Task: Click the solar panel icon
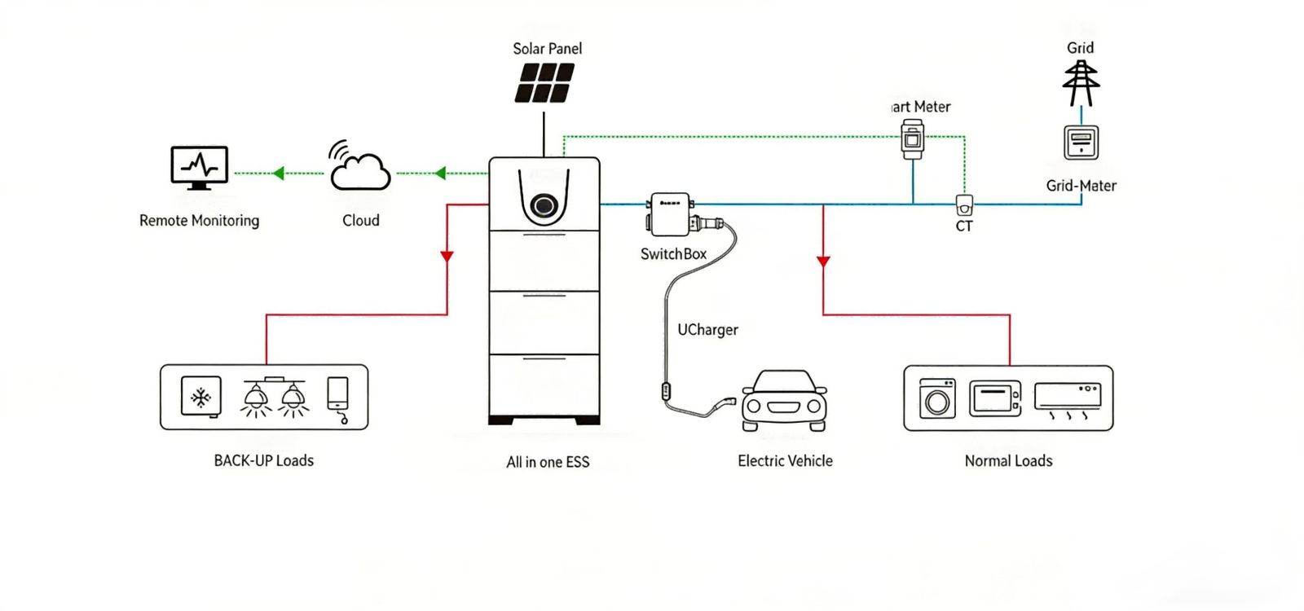(544, 83)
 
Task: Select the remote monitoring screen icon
(199, 167)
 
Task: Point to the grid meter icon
(1081, 143)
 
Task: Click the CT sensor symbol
(964, 204)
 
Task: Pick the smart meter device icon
(913, 139)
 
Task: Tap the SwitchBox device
(671, 213)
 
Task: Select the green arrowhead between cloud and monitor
(279, 173)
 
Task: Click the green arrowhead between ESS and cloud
(441, 173)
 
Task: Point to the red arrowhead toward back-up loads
(447, 257)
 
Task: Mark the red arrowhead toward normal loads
(823, 262)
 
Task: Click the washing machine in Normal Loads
(937, 398)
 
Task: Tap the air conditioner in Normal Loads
(1068, 398)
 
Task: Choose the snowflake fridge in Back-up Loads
(200, 397)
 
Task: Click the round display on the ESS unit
(544, 205)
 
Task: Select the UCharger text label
(707, 330)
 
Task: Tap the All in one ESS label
(548, 462)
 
